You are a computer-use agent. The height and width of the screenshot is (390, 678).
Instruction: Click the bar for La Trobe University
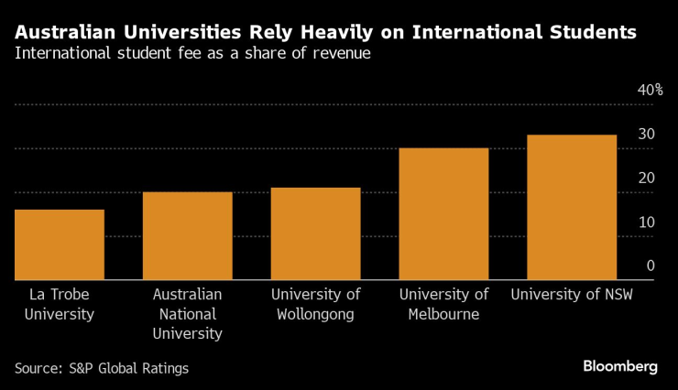60,244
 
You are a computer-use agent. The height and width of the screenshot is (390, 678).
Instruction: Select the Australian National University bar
188,235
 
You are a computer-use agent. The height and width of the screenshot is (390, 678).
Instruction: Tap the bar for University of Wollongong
316,233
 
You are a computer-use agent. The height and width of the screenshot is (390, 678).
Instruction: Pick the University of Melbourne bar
444,213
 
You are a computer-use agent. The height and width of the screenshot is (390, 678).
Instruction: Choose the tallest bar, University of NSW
573,207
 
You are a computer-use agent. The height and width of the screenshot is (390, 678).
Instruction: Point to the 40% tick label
650,90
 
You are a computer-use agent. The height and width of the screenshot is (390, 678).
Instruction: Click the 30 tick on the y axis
647,134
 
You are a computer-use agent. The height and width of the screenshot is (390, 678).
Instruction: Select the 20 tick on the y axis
647,178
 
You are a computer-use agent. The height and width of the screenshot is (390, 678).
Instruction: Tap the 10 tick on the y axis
647,222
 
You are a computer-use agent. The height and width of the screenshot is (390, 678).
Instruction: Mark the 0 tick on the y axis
651,265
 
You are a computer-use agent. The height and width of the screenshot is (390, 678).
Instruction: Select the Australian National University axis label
188,314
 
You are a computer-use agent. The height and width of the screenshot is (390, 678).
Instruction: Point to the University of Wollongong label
316,304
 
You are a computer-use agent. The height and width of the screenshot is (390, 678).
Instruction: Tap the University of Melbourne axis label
444,304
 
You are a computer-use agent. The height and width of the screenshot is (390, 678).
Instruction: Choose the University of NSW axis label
571,295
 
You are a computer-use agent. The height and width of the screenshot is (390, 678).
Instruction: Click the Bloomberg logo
620,366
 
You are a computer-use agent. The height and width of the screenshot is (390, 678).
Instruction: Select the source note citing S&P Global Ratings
101,368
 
